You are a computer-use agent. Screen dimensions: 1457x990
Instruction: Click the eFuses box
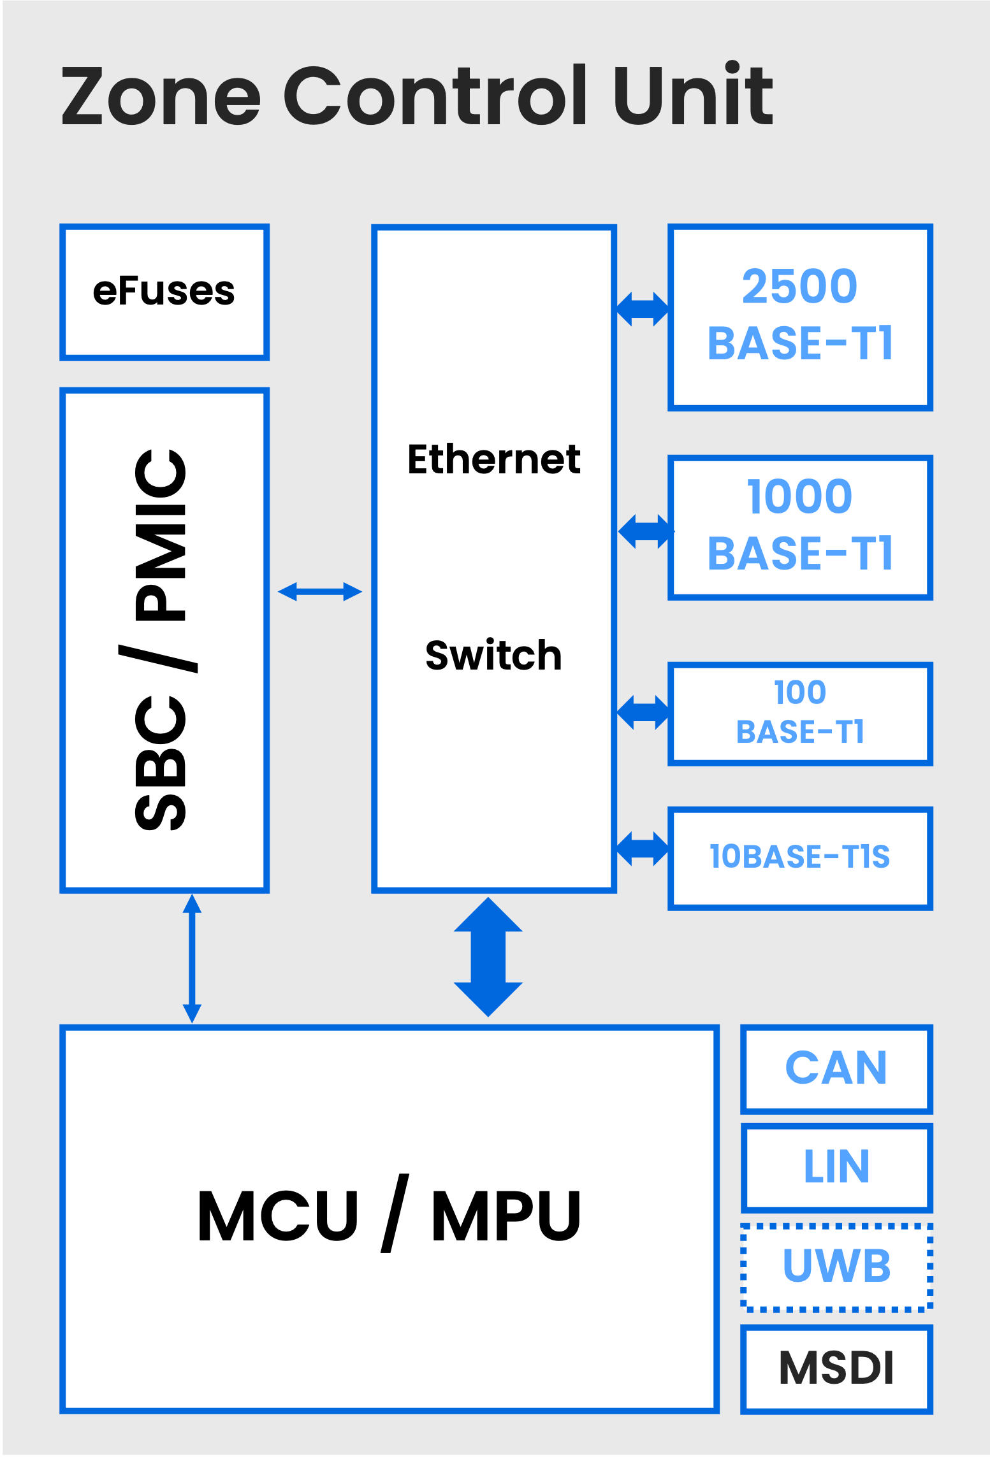(164, 292)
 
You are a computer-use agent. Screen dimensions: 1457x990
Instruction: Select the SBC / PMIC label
(161, 640)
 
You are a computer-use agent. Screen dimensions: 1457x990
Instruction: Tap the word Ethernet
(493, 459)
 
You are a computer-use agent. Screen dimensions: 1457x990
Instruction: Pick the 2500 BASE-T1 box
(800, 317)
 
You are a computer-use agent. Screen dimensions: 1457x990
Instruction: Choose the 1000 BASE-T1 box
(800, 527)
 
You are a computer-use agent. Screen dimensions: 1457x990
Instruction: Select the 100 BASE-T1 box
(800, 713)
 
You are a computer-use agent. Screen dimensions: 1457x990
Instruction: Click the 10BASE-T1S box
(800, 858)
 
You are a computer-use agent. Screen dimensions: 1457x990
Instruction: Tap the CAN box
(836, 1068)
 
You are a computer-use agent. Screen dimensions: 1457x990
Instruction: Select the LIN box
(836, 1167)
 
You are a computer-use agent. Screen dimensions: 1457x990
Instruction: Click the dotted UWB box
(836, 1266)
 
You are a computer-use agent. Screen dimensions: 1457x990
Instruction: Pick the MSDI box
(836, 1368)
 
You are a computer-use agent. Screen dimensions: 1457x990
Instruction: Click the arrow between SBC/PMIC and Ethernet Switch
(320, 592)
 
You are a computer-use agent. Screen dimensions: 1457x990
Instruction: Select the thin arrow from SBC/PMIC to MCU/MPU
(192, 958)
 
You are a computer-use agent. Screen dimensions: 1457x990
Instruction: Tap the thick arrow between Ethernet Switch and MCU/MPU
(488, 957)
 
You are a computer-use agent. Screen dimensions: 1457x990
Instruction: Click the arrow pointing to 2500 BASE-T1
(643, 310)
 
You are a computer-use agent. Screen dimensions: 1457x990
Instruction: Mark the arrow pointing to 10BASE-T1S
(643, 849)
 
